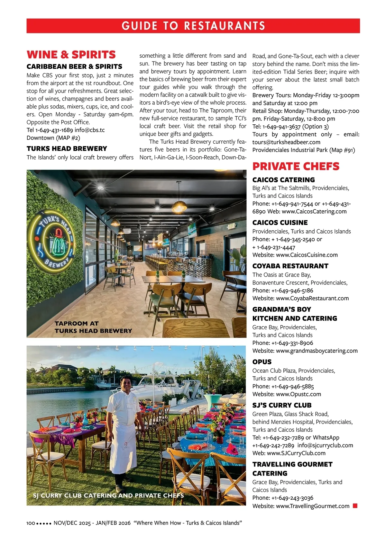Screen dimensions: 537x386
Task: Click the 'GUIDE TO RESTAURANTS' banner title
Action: pyautogui.click(x=193, y=26)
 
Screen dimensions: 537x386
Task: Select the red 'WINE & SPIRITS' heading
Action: pyautogui.click(x=71, y=54)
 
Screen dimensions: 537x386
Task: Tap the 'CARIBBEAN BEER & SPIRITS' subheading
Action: pyautogui.click(x=74, y=67)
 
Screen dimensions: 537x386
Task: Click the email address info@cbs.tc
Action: pyautogui.click(x=89, y=130)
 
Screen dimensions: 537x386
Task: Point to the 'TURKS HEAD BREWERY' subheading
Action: pyautogui.click(x=67, y=149)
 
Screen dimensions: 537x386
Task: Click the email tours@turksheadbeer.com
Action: pyautogui.click(x=286, y=142)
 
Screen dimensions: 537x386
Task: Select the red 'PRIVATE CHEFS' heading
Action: pyautogui.click(x=296, y=166)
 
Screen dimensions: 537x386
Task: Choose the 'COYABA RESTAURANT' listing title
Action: pyautogui.click(x=290, y=266)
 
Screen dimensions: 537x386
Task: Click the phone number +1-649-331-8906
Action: pyautogui.click(x=292, y=343)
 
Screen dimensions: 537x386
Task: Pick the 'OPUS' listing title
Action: pyautogui.click(x=262, y=362)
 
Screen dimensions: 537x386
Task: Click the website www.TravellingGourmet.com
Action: pyautogui.click(x=312, y=506)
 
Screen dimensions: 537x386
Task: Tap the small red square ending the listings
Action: pyautogui.click(x=355, y=506)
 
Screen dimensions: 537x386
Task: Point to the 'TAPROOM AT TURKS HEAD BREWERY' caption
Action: pyautogui.click(x=93, y=327)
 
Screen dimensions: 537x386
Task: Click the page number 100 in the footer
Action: pyautogui.click(x=31, y=523)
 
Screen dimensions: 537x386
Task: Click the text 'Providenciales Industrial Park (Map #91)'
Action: pyautogui.click(x=304, y=150)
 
